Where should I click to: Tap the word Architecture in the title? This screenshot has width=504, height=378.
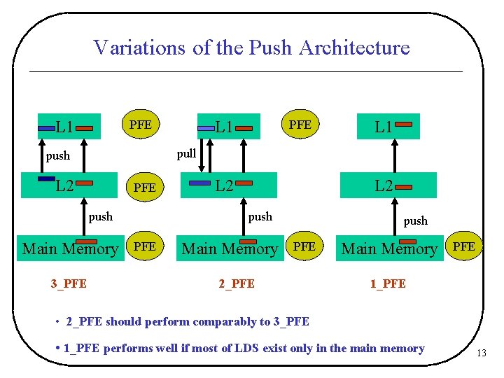point(354,48)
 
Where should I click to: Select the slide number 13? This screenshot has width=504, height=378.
point(481,353)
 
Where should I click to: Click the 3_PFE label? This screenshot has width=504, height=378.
point(69,283)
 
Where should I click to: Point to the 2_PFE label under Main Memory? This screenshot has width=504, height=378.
point(237,283)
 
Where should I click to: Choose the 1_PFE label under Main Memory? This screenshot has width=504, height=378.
point(388,283)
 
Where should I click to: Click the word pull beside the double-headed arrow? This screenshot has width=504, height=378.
point(186,154)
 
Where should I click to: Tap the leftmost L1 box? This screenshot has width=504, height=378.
point(69,127)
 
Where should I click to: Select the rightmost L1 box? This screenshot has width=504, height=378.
point(388,127)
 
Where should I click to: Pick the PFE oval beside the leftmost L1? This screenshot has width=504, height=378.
point(141,124)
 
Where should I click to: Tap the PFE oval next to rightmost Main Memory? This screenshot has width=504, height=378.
point(464,246)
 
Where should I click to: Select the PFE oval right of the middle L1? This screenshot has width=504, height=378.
point(300,124)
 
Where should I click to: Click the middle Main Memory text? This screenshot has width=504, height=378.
point(230,248)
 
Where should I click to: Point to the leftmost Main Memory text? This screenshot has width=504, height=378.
point(70,248)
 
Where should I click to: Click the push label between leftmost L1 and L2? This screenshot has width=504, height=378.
point(58,156)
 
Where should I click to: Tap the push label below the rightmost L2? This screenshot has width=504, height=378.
point(415,220)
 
